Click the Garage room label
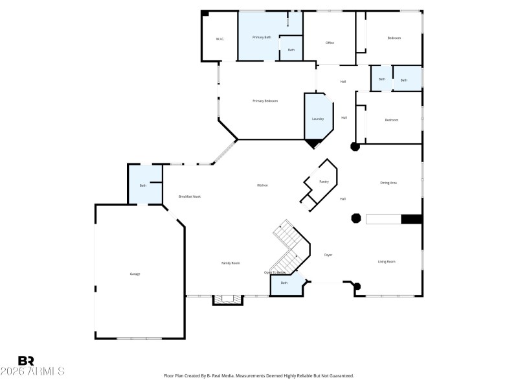(x=135, y=274)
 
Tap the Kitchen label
(x=262, y=185)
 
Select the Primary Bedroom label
(x=265, y=100)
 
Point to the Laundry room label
(x=317, y=119)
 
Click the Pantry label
(x=324, y=182)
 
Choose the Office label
(x=329, y=43)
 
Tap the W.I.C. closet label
(x=220, y=39)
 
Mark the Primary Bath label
(x=262, y=37)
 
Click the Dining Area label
(x=388, y=183)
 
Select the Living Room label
(x=387, y=261)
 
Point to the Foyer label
(x=328, y=255)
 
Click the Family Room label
(x=231, y=263)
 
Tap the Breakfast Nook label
(x=190, y=196)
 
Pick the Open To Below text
(x=275, y=272)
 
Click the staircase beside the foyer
(x=288, y=246)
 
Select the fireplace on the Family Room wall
(x=227, y=300)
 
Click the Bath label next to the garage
(x=143, y=186)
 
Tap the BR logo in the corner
(x=26, y=360)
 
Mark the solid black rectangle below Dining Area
(x=411, y=219)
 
